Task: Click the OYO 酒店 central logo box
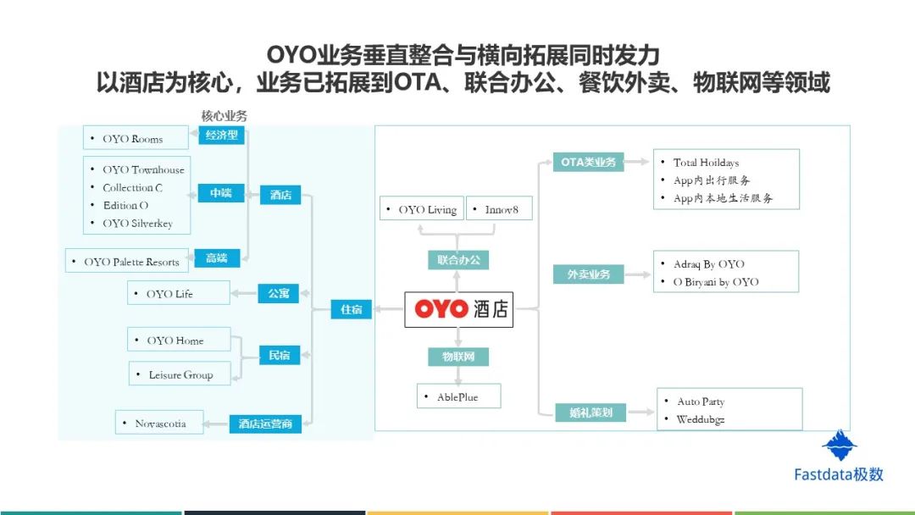458,309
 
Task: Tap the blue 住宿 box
352,309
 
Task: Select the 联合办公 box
458,260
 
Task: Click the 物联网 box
458,357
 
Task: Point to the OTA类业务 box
588,162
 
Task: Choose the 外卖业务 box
588,274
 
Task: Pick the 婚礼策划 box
591,413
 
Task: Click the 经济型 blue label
221,136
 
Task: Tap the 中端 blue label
221,193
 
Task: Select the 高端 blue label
217,257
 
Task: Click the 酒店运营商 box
265,424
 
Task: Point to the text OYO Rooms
132,139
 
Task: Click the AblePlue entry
457,396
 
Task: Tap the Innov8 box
499,208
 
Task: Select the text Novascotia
160,424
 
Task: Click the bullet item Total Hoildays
706,163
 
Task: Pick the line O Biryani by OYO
716,282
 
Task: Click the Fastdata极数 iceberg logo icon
839,445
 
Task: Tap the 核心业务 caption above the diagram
224,115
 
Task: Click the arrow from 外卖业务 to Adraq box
637,274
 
